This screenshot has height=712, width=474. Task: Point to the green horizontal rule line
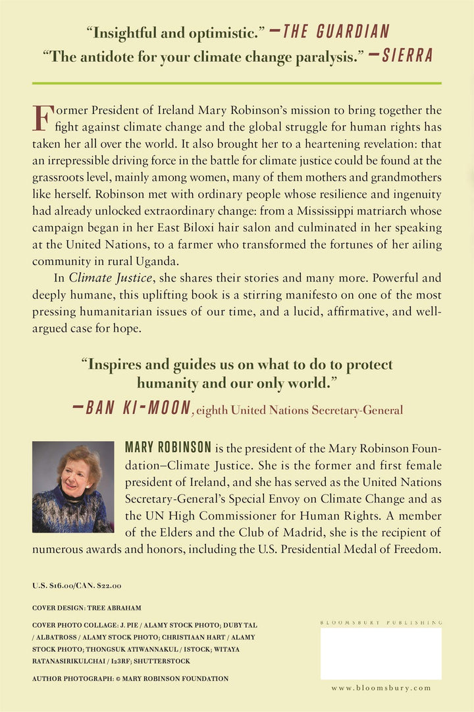pos(237,84)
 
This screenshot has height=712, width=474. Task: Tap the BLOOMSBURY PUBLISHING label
pos(381,622)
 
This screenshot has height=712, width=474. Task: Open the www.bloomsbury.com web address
pos(381,688)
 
